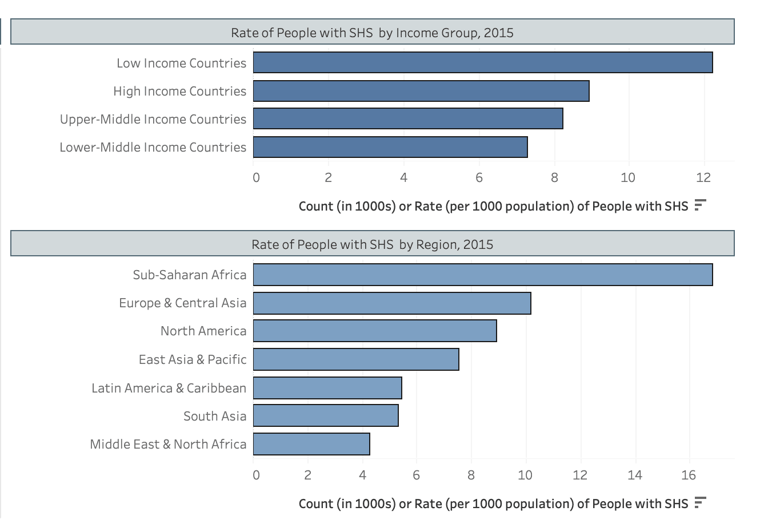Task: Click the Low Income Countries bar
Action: tap(483, 62)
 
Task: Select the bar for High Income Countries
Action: tap(421, 91)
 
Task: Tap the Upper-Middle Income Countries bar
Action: tap(408, 118)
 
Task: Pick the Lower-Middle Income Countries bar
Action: tap(390, 147)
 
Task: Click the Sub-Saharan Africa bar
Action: tap(483, 275)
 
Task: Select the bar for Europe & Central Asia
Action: tap(392, 303)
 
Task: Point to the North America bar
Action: tap(375, 331)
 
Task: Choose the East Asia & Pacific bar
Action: tap(356, 359)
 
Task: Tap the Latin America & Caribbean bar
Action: tap(327, 388)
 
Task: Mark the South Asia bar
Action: tap(326, 415)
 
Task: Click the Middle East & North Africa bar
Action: tap(311, 444)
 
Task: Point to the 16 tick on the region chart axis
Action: tap(689, 475)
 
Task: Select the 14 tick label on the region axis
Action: tap(634, 475)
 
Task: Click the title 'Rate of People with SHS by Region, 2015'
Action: tap(372, 244)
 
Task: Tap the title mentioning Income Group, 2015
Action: tap(372, 33)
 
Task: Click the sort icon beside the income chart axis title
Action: tap(701, 205)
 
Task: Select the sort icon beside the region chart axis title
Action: tap(701, 502)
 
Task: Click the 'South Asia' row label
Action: tap(215, 416)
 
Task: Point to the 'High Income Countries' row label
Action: tap(180, 92)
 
